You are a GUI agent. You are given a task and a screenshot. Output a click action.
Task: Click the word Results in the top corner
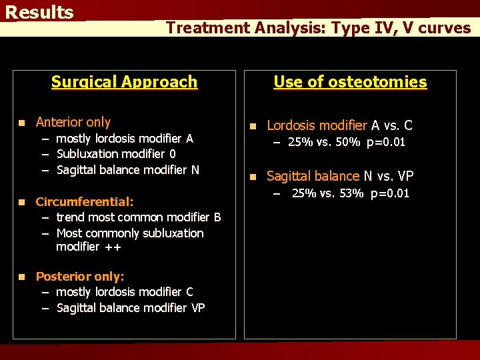39,13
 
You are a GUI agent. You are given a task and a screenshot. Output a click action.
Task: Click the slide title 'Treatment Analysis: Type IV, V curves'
318,27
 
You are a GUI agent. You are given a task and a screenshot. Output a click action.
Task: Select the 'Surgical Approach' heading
125,82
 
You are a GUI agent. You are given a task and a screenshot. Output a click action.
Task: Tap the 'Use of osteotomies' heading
350,82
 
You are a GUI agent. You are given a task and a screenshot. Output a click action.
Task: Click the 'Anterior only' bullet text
73,122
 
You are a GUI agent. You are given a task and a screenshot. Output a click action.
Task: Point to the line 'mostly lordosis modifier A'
124,139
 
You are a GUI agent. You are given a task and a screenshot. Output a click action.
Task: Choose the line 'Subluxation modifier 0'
116,154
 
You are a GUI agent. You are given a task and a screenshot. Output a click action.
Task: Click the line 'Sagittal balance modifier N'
127,170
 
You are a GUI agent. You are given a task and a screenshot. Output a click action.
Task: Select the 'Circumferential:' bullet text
85,201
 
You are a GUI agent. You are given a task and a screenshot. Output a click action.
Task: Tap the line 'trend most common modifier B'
138,217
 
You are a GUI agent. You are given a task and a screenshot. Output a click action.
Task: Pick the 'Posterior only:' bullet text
80,277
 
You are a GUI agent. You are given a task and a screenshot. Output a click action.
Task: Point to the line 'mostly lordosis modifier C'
125,292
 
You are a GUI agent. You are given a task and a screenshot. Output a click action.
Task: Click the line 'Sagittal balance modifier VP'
131,308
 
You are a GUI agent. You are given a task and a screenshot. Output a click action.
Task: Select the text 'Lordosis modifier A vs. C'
339,125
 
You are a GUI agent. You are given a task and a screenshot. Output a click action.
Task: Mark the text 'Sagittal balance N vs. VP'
340,176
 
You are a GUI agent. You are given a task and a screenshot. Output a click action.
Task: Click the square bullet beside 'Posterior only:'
22,277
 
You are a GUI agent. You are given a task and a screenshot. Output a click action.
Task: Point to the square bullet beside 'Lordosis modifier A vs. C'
253,126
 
